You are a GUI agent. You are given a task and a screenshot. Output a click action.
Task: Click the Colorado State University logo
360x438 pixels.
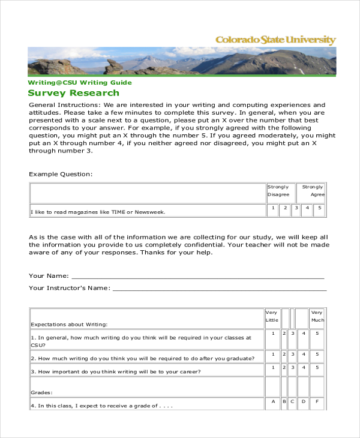tap(275, 40)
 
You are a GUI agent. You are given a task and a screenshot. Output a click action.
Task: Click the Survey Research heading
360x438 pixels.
tap(74, 93)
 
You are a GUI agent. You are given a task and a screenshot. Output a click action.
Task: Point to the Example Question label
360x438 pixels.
tap(61, 174)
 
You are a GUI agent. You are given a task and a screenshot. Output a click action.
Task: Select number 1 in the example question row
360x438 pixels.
tap(274, 208)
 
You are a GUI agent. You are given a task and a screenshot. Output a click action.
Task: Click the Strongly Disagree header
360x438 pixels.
tap(278, 191)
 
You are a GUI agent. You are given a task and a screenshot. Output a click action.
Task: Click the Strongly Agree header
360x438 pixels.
tap(313, 191)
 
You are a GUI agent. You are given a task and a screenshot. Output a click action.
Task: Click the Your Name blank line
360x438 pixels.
tap(198, 277)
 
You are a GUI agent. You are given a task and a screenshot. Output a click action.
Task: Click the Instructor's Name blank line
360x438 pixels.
tap(220, 289)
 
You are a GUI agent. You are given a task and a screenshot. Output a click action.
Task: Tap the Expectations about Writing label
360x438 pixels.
tap(69, 324)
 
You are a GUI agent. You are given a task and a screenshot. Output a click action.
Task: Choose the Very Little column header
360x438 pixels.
tap(272, 316)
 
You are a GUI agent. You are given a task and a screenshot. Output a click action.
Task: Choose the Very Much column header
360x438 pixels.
tap(317, 316)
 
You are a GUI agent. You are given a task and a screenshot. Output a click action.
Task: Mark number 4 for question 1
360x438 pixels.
tap(304, 334)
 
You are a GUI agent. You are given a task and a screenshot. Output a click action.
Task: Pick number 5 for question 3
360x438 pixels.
tap(317, 367)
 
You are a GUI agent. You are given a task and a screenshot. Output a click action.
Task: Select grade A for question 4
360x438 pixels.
tap(273, 401)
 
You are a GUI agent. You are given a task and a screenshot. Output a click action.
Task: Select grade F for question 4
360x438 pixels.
tap(317, 401)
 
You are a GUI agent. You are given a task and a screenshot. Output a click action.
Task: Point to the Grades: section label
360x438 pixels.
tap(41, 392)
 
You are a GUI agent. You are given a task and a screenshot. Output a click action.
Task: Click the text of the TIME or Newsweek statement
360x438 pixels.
tap(97, 212)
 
